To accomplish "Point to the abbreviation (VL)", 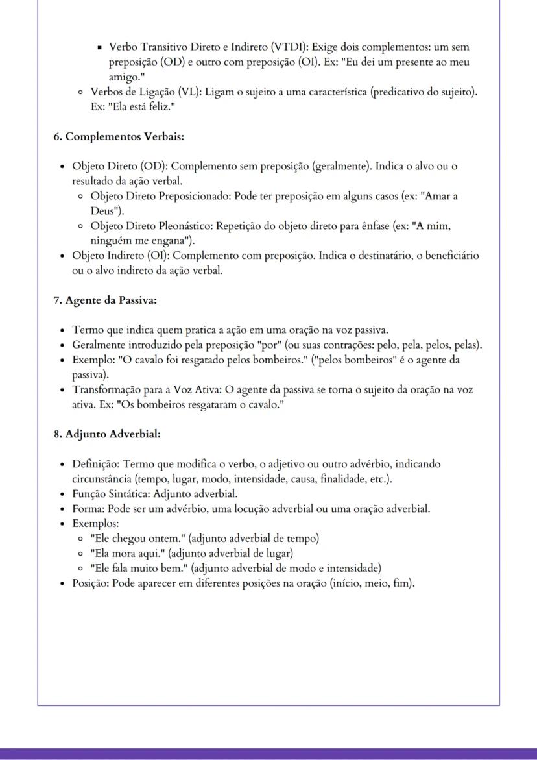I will [x=190, y=92].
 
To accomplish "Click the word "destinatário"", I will [x=380, y=256].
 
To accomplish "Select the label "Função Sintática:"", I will [x=111, y=494].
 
